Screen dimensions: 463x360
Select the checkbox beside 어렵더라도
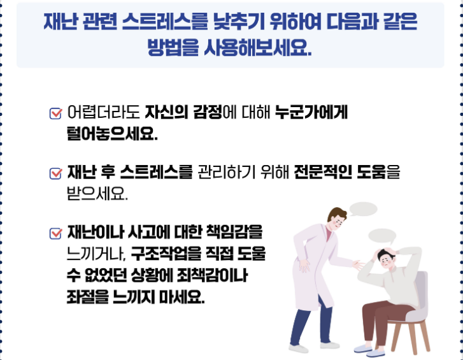(x=55, y=113)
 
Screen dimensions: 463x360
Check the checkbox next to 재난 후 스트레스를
(x=55, y=173)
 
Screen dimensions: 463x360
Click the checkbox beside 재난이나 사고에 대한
(x=55, y=234)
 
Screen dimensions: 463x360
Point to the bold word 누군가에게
(x=311, y=113)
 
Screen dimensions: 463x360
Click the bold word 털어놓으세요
(x=112, y=134)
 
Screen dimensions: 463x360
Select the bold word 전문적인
(x=323, y=172)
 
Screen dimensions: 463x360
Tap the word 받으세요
(x=97, y=194)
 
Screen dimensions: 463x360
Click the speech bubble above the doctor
(x=363, y=209)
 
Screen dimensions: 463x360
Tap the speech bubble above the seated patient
(x=382, y=236)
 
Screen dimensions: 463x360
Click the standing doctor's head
(x=337, y=218)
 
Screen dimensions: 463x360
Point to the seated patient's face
(x=386, y=261)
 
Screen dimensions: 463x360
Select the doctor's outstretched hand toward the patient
(x=359, y=264)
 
